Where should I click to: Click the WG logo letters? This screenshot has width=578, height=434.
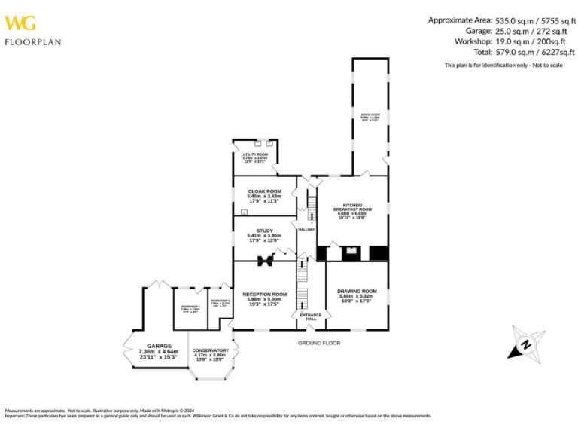[20, 23]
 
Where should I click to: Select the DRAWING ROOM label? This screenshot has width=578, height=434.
[357, 291]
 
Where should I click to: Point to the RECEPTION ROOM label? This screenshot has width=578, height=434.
[264, 294]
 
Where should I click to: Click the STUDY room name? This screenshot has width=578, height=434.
[264, 231]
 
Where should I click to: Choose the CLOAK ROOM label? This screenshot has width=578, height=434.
[264, 191]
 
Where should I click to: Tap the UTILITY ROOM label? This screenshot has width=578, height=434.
[254, 154]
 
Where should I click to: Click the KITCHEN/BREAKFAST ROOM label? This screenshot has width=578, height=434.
[352, 206]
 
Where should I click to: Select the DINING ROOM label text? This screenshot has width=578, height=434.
[370, 115]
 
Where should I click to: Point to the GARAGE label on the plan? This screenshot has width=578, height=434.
[159, 346]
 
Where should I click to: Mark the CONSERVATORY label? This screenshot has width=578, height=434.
[210, 350]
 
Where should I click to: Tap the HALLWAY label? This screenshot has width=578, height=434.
[306, 229]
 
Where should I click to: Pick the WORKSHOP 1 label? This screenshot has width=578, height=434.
[190, 306]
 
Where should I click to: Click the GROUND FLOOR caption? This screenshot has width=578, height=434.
[319, 343]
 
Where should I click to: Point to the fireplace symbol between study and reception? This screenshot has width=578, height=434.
[264, 261]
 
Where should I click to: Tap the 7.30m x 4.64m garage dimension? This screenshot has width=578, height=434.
[159, 351]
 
